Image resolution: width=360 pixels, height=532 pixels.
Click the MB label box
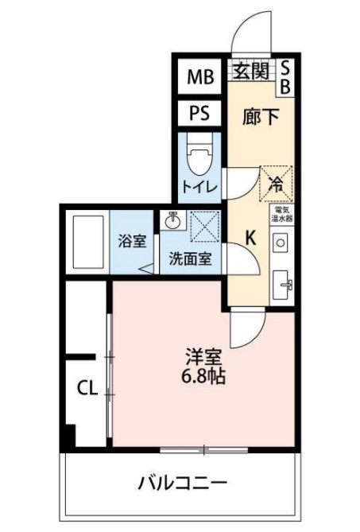200,77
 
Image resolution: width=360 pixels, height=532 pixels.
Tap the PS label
200,113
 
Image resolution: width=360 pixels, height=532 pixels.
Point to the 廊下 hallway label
261,116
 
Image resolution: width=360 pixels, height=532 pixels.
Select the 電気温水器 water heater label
283,213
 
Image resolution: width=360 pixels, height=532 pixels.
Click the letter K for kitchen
250,237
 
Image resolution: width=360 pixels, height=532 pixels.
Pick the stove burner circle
280,241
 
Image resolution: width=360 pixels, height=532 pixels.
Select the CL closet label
87,388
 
